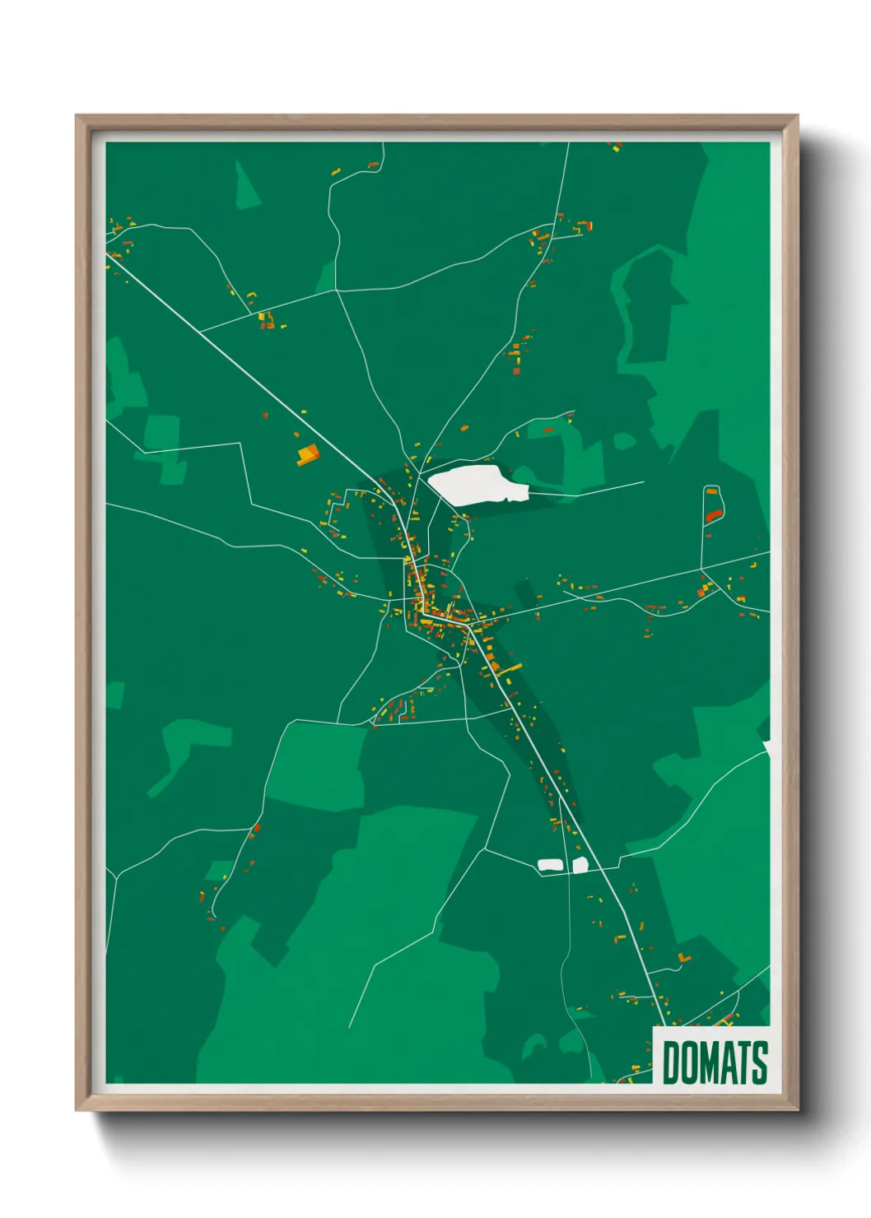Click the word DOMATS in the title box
coord(715,1062)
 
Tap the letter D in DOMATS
coord(671,1062)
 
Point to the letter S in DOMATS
coord(760,1062)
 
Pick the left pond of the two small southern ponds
coord(550,864)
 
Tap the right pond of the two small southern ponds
coord(580,864)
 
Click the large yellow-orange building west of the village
coord(308,454)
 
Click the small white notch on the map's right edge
coord(766,747)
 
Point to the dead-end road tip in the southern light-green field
coord(349,1026)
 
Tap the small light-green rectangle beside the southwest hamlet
coord(219,870)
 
